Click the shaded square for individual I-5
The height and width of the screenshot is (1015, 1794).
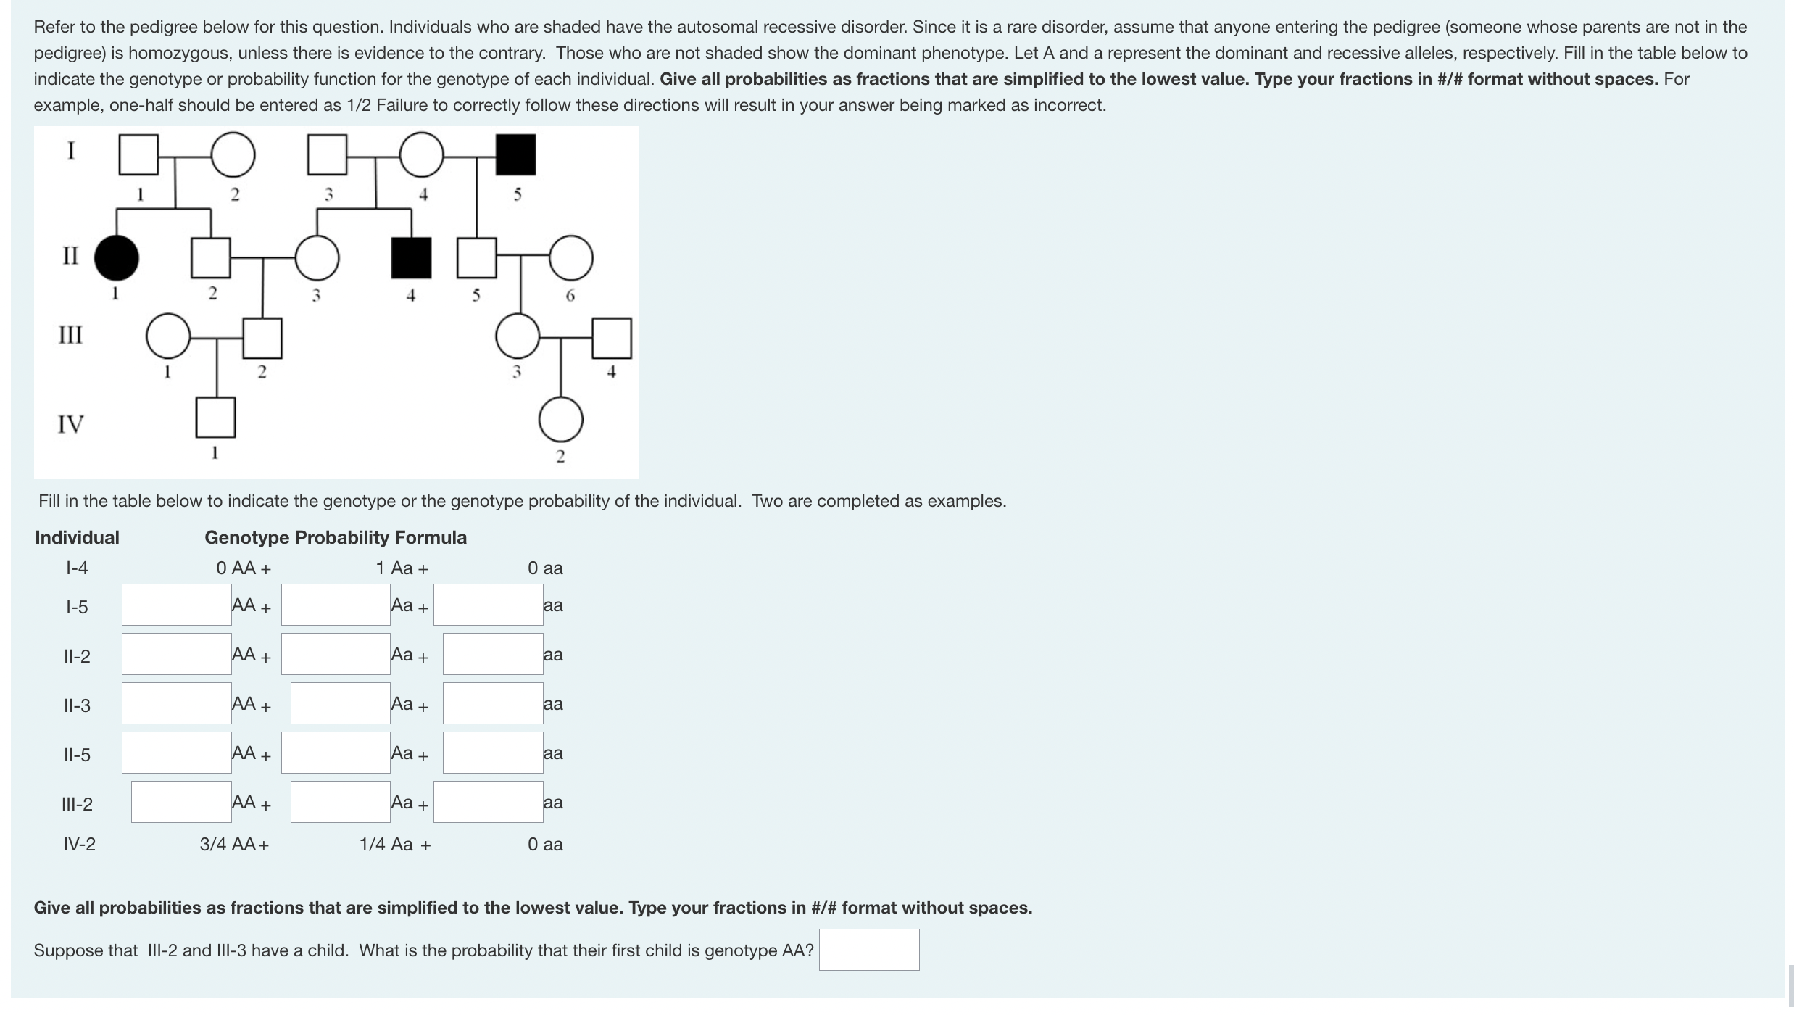515,154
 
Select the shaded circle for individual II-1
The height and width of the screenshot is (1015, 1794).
117,258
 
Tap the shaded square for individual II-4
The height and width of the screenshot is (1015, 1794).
411,258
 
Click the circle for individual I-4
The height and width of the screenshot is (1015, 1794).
421,154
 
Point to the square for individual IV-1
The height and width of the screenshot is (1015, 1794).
215,418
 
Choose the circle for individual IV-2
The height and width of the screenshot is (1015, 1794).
560,419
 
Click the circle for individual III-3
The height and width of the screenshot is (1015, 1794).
518,336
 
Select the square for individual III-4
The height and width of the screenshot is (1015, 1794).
611,338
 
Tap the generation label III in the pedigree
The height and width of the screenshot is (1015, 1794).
70,335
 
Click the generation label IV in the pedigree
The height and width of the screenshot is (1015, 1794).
70,423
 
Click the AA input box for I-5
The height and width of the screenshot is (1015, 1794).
176,605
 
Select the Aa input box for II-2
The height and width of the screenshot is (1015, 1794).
336,654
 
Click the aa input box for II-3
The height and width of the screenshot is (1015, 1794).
493,703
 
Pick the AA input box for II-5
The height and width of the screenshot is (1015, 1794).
176,753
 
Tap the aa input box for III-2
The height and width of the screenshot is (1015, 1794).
488,802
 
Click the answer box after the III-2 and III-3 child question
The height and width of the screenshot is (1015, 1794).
868,950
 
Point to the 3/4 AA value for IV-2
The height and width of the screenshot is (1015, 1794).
233,844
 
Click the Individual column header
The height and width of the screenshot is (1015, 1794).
77,537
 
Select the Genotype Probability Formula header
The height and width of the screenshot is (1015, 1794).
336,537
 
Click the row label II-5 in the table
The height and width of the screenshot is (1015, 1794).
77,755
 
